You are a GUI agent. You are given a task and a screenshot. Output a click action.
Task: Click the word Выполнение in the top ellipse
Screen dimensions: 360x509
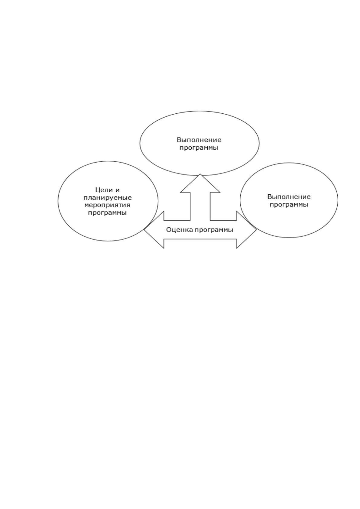point(199,140)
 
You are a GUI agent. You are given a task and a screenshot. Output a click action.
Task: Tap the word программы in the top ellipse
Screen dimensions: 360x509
point(199,148)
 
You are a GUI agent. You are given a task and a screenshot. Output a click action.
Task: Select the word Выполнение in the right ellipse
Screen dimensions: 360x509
point(289,196)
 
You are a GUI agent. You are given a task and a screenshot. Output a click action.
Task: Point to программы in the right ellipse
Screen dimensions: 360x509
point(289,205)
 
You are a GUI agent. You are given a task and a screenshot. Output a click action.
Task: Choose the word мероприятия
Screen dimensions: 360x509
point(107,206)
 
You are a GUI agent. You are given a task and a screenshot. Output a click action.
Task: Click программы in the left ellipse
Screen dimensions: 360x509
point(107,213)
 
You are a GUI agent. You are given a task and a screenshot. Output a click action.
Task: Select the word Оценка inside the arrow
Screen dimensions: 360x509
point(180,230)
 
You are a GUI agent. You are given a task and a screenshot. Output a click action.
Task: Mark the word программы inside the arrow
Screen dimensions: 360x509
point(214,230)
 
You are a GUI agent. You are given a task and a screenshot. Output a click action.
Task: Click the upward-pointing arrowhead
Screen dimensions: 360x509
point(200,183)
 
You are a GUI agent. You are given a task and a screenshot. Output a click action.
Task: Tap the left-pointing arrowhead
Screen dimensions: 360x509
point(154,230)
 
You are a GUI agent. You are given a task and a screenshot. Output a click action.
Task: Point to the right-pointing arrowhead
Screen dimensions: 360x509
point(247,230)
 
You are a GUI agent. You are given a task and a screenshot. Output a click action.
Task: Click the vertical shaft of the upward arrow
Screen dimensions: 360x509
point(200,206)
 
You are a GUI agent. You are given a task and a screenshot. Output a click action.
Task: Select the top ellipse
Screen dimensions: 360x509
point(199,111)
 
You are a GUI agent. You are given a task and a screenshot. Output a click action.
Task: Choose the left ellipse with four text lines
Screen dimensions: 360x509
point(108,161)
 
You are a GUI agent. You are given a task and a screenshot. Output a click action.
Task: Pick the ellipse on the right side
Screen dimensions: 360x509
point(289,163)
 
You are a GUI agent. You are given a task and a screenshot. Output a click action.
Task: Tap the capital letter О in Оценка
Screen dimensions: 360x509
point(169,230)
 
